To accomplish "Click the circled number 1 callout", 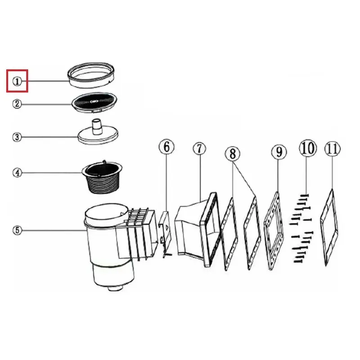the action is click(x=17, y=81).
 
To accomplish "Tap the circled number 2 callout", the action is click(x=17, y=104).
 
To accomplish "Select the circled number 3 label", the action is click(x=17, y=137).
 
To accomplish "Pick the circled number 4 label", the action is click(x=17, y=173).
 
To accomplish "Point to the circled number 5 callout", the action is click(x=17, y=230).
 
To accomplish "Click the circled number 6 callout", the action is click(x=166, y=147).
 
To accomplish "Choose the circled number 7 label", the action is click(x=199, y=149).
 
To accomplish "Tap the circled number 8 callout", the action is click(x=233, y=153).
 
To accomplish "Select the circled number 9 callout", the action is click(x=279, y=152).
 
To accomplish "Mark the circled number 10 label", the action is click(x=308, y=148).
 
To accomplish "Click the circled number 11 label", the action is click(x=333, y=149).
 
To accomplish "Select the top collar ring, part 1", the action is click(x=91, y=75).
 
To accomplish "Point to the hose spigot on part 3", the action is click(x=97, y=126).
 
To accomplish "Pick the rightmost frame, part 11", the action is click(x=329, y=227).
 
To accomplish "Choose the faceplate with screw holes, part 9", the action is click(x=274, y=231).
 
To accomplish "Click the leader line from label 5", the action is click(x=54, y=230).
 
